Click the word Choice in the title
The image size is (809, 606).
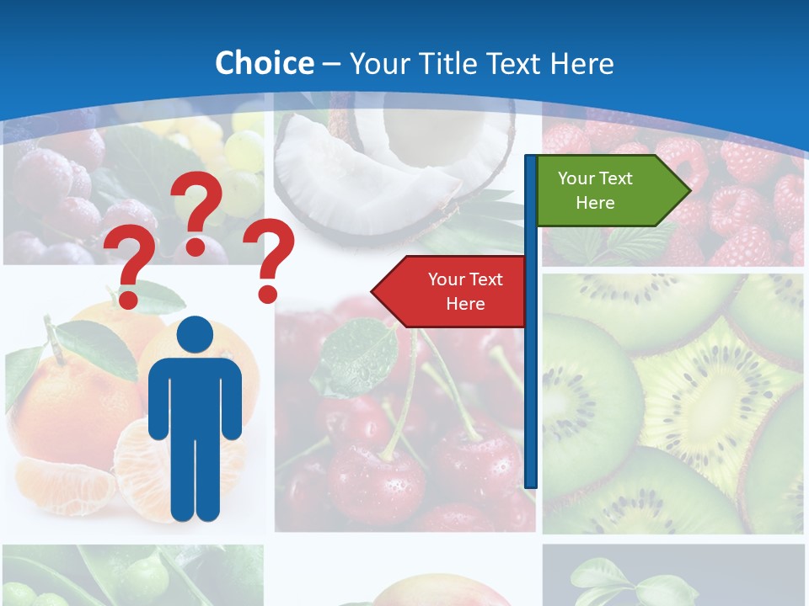[x=264, y=64]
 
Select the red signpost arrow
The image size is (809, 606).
[x=455, y=291]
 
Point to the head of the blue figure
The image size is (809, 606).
[x=195, y=335]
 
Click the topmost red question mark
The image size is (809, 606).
[x=197, y=210]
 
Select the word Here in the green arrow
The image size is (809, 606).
[x=595, y=203]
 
